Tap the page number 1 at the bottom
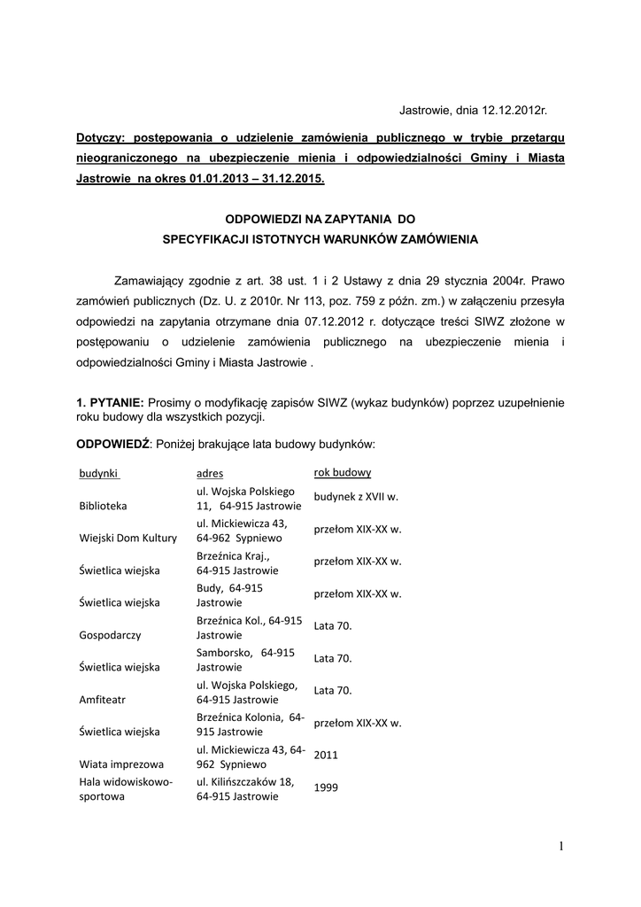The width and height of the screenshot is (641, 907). pos(561,846)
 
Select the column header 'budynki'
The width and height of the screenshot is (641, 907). pos(99,473)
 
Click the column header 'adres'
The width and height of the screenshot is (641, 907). pos(210,474)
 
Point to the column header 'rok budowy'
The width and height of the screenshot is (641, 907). pos(343,472)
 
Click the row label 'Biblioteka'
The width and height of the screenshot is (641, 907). pos(104,506)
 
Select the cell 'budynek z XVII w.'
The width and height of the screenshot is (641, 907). pos(355,498)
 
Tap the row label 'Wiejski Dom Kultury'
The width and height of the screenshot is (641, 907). pos(128,538)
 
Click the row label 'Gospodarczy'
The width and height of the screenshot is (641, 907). pos(110,635)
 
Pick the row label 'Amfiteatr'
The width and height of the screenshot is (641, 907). pos(104,699)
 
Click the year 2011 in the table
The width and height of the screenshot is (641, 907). pos(326,756)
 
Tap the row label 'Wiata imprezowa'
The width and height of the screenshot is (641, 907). pos(121,764)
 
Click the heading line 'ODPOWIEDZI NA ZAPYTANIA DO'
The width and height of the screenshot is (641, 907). pos(320,217)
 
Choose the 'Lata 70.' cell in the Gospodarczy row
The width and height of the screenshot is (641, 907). pos(333,626)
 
